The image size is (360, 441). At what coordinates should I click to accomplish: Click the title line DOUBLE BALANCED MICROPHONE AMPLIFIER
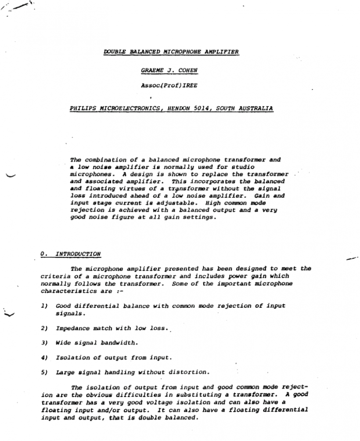tap(171, 52)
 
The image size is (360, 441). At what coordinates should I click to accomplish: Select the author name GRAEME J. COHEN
tap(169, 70)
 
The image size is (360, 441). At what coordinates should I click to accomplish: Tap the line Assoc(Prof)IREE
tap(169, 86)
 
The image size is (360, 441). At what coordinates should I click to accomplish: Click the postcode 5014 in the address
tap(202, 108)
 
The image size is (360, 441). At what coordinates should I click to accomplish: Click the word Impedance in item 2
tap(72, 328)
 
